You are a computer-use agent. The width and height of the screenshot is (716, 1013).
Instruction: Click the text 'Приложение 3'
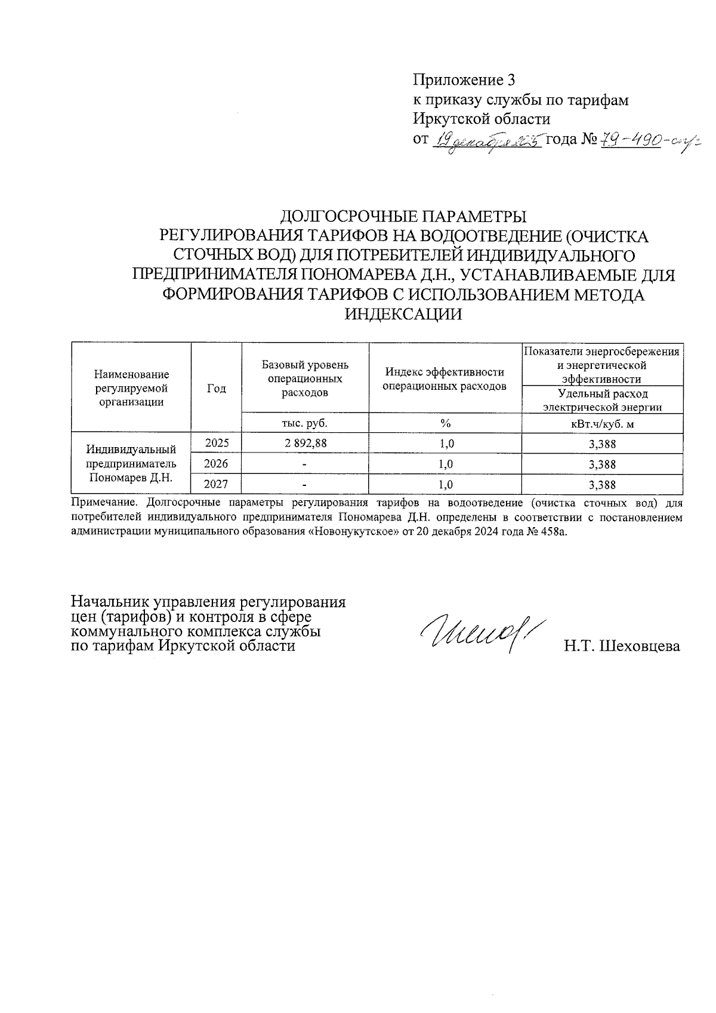click(464, 80)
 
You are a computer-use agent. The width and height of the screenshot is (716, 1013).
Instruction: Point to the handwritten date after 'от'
click(487, 142)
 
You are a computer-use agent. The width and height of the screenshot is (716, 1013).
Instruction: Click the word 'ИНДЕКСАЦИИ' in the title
click(405, 315)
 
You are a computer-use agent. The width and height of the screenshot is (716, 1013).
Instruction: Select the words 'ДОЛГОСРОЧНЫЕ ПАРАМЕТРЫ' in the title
click(404, 216)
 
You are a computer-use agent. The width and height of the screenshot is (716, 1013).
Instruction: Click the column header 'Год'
click(216, 389)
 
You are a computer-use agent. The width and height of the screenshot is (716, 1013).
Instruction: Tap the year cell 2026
click(216, 464)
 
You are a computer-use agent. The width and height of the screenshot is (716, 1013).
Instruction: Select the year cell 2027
click(216, 484)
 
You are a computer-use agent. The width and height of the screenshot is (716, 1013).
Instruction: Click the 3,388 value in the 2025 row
click(601, 444)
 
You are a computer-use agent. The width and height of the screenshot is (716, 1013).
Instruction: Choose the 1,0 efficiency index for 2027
click(445, 484)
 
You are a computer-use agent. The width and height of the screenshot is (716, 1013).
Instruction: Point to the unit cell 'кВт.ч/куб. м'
click(601, 423)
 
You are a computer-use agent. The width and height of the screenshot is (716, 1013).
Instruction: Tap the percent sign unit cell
click(445, 423)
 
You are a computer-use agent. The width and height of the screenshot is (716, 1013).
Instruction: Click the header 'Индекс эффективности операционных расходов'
click(445, 379)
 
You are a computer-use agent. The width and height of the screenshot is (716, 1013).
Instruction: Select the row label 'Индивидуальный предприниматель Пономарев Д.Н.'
click(131, 463)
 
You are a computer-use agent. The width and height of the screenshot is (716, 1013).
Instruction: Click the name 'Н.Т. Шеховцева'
click(622, 646)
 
